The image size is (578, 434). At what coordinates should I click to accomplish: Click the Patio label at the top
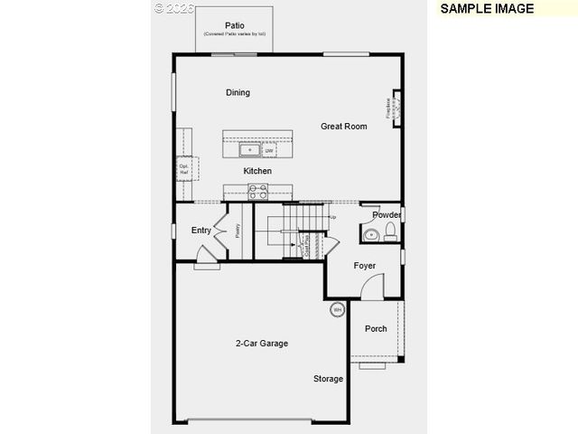[x=234, y=25]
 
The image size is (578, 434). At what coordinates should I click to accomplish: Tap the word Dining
[x=238, y=92]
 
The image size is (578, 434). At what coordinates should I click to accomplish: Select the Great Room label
[x=344, y=127]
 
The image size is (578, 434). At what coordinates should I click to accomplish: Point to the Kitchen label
[x=257, y=171]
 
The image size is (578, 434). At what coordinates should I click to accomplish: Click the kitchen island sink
[x=249, y=149]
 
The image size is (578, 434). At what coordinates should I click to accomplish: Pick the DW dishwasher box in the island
[x=269, y=150]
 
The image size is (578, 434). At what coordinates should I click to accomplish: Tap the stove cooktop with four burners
[x=258, y=191]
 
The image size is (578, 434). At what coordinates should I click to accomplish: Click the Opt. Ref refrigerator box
[x=184, y=168]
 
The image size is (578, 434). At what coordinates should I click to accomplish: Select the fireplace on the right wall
[x=394, y=108]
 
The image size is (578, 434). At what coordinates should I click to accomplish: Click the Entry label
[x=201, y=231]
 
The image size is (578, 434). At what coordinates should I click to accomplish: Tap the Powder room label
[x=387, y=215]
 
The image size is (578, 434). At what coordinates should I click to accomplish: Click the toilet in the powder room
[x=390, y=233]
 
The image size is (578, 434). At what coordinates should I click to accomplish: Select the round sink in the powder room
[x=370, y=235]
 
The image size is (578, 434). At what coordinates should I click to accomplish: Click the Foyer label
[x=365, y=266]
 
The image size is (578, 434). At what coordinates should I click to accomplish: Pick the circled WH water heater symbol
[x=337, y=310]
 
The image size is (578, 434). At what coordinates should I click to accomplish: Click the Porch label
[x=376, y=328]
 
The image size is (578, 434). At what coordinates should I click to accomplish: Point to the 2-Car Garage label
[x=262, y=344]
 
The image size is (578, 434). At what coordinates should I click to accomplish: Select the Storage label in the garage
[x=329, y=379]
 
